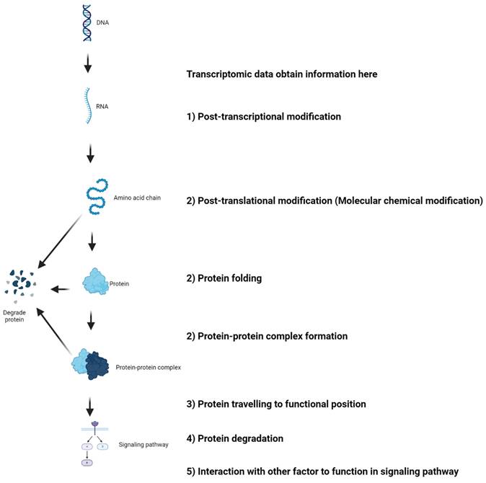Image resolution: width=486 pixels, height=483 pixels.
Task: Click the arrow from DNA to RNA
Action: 88,64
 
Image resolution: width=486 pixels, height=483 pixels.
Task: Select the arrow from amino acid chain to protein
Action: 91,244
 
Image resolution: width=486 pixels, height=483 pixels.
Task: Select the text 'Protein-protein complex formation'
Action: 273,336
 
